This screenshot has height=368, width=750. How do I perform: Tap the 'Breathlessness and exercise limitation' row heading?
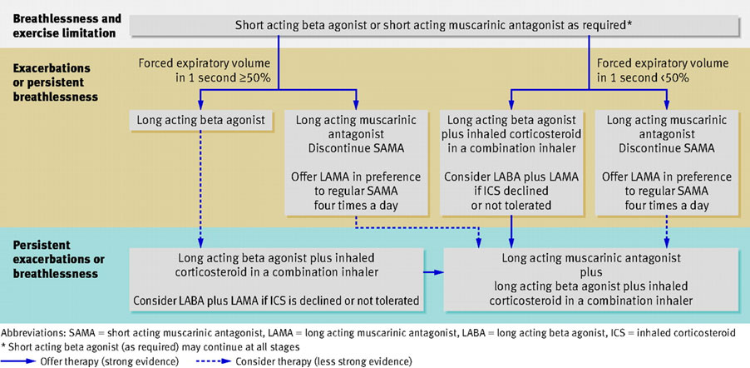tap(66, 25)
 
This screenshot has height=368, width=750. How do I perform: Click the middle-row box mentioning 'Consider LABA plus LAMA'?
tap(511, 162)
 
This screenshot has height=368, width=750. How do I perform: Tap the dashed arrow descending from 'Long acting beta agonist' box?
tap(200, 183)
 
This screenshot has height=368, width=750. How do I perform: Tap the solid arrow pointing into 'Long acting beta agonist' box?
tap(200, 101)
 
